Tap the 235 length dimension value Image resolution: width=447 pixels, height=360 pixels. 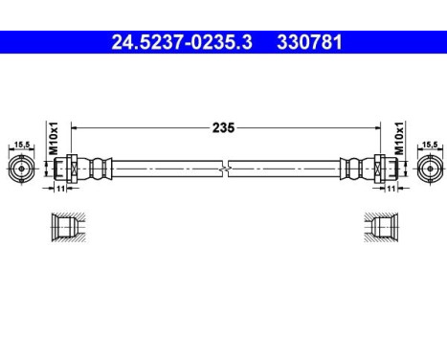tap(224, 125)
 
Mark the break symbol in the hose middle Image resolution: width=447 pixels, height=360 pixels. tap(223, 169)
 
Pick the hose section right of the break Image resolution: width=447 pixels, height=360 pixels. tap(287, 169)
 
